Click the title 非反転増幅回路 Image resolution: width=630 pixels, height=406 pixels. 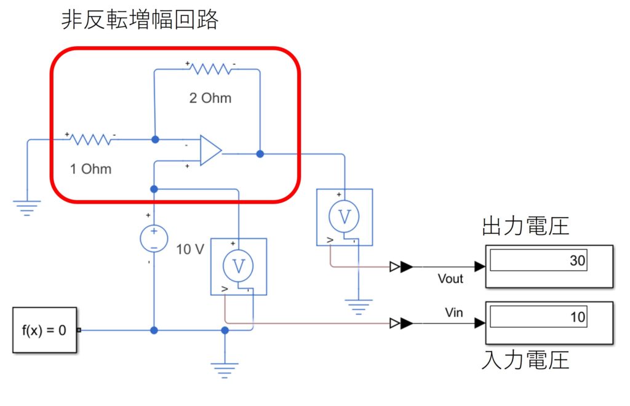pos(140,21)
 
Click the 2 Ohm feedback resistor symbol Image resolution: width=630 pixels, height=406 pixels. pos(211,69)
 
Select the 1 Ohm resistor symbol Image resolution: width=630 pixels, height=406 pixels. pos(91,140)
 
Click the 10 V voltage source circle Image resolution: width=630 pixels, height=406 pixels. pos(154,239)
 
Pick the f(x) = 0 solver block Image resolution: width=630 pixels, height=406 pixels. pos(44,330)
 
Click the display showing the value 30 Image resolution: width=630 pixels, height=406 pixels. pos(549,266)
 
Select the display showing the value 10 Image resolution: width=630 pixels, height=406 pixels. pos(549,322)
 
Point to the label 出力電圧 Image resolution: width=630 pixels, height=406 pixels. pos(525,226)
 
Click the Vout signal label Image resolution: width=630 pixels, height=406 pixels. pos(450,279)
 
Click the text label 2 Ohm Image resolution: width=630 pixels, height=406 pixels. pos(210,98)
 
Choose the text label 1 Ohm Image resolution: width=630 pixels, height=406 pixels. pos(91,169)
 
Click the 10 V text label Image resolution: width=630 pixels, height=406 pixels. pos(189,250)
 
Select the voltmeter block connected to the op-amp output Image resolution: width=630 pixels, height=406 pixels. pos(345,217)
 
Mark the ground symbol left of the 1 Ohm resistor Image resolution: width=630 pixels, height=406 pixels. pos(27,207)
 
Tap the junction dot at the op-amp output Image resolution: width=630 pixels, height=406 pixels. pos(260,154)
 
